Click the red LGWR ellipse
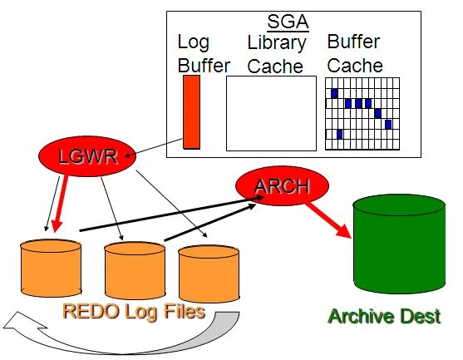tap(87, 156)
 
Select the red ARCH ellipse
tap(282, 185)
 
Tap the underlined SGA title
tap(288, 22)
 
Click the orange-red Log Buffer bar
tap(192, 112)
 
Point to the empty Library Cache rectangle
tap(271, 113)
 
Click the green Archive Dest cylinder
tap(399, 244)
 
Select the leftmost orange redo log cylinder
tap(51, 268)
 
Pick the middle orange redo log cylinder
tap(135, 271)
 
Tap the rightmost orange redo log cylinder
tap(209, 274)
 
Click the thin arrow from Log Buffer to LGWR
tap(154, 147)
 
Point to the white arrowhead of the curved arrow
tap(23, 323)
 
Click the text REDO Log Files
tap(134, 312)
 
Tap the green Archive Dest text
tap(384, 316)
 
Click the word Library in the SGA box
tap(277, 43)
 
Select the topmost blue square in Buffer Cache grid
tap(334, 93)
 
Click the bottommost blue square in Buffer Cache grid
tap(340, 135)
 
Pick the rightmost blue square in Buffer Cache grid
tap(388, 125)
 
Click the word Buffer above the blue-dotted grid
tap(353, 42)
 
